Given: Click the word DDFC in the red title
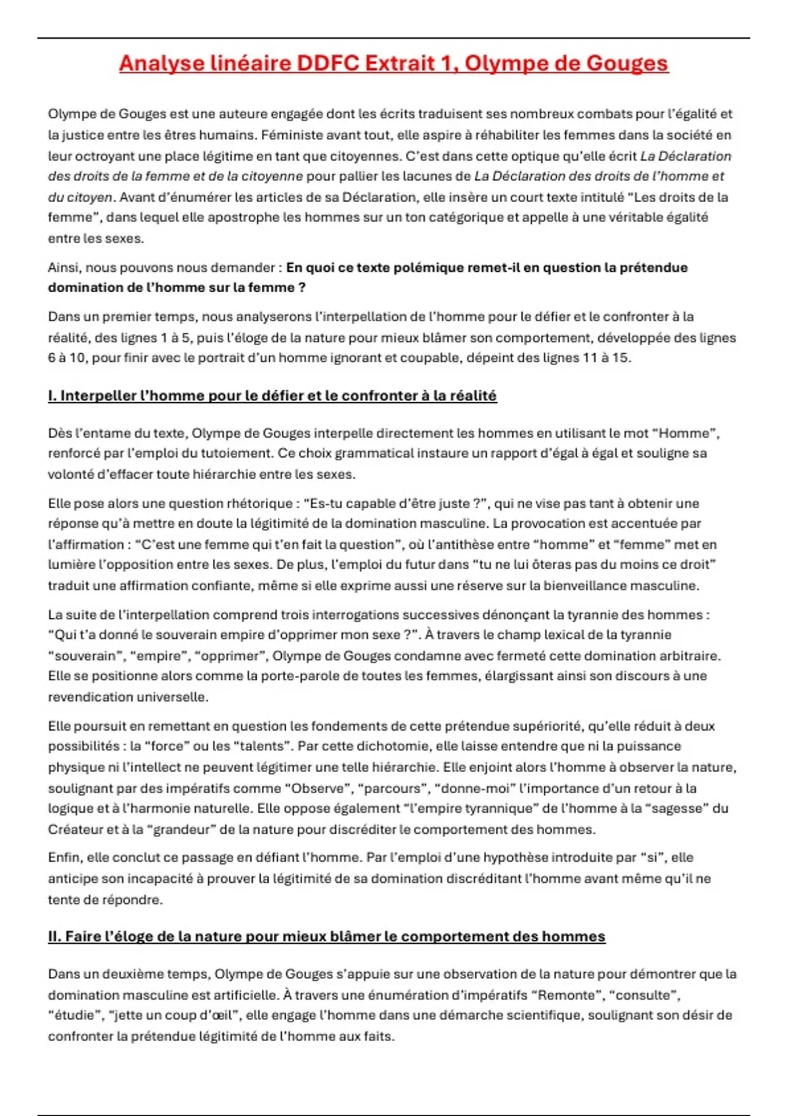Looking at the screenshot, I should (x=328, y=63).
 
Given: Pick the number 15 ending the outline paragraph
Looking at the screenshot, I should (x=620, y=358).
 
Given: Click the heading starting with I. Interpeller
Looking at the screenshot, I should (x=272, y=396).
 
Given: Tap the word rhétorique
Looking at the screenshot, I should (x=256, y=504).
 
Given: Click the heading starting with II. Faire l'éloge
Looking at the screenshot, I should (x=326, y=937).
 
